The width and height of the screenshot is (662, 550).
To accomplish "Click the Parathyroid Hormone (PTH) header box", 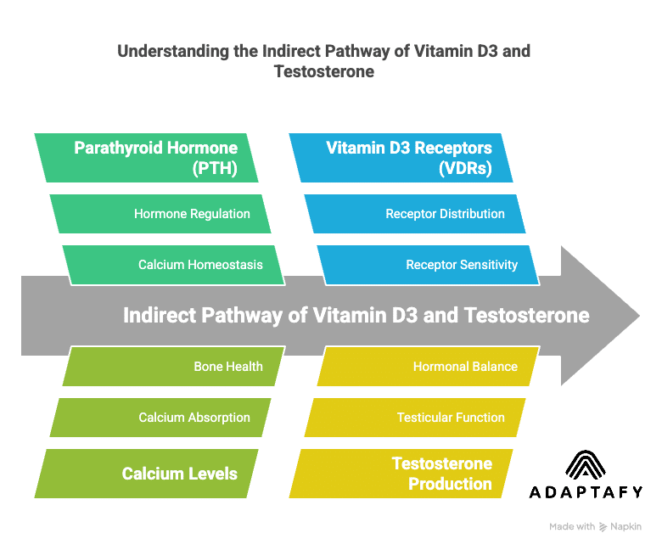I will [149, 158].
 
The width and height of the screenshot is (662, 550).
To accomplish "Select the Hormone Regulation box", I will [160, 214].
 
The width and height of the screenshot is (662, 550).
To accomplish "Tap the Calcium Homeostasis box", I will [173, 265].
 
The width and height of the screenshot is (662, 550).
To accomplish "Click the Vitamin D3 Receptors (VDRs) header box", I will [402, 158].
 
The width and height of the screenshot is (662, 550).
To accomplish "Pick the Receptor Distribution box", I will [415, 214].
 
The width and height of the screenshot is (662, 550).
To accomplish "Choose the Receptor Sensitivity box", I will [429, 265].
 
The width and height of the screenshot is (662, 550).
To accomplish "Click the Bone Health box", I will [173, 367].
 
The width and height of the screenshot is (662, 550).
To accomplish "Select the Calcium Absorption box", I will [160, 418].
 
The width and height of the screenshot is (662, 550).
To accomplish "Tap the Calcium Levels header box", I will [149, 474].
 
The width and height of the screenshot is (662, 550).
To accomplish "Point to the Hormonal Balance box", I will [429, 367].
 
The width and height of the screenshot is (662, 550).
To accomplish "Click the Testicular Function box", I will [415, 418].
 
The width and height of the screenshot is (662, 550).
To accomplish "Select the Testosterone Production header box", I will [402, 474].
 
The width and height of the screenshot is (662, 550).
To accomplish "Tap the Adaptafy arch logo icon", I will [586, 465].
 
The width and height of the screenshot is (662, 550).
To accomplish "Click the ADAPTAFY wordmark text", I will [586, 492].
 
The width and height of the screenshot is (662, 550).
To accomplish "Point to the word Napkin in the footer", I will [627, 527].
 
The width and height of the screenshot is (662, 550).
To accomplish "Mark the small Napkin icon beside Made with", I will [603, 527].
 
